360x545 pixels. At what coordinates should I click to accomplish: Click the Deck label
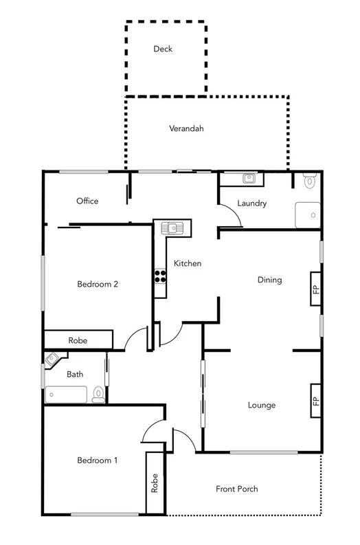tap(163, 49)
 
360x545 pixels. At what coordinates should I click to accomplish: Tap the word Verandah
tap(186, 129)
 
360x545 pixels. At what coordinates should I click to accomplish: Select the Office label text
tap(87, 201)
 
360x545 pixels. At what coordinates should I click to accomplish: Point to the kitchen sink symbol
tap(172, 227)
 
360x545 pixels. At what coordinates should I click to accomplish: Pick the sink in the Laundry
tap(249, 179)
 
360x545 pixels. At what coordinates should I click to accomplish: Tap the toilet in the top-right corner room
tap(309, 181)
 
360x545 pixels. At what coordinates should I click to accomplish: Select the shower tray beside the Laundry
tap(307, 215)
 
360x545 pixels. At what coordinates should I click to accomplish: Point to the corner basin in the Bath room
tap(52, 359)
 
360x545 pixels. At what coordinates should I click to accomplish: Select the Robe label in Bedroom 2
tap(78, 340)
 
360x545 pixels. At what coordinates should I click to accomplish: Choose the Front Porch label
tap(236, 489)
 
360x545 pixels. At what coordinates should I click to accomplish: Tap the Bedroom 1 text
tap(97, 460)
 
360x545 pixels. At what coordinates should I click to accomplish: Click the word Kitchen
tap(187, 263)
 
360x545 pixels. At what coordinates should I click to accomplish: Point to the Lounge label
tap(261, 405)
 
